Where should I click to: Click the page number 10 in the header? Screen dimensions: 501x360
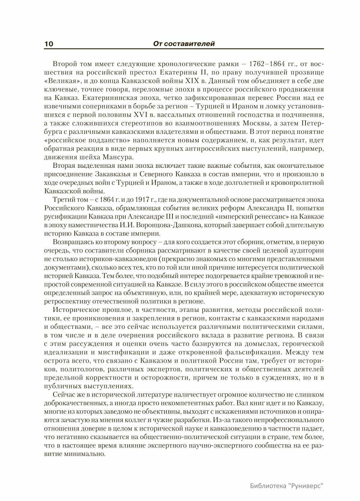point(49,44)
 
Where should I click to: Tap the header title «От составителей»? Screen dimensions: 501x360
point(184,44)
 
